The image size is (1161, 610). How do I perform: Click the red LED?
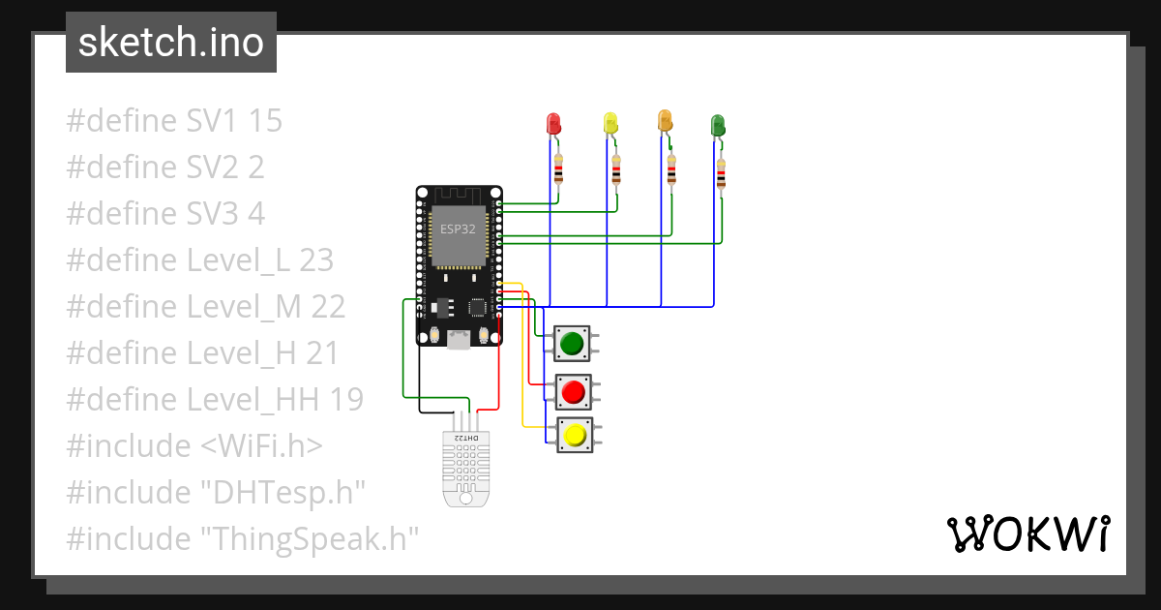pyautogui.click(x=553, y=124)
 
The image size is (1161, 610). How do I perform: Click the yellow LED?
pyautogui.click(x=610, y=123)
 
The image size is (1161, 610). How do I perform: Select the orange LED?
pyautogui.click(x=665, y=121)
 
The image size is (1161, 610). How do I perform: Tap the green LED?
pyautogui.click(x=718, y=125)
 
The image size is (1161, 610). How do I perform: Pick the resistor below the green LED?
pyautogui.click(x=721, y=175)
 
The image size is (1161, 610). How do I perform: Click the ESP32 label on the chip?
pyautogui.click(x=458, y=229)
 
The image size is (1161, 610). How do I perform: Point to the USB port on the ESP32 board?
pyautogui.click(x=459, y=339)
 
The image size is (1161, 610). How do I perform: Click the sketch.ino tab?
pyautogui.click(x=171, y=43)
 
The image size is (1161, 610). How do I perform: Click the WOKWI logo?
pyautogui.click(x=1027, y=534)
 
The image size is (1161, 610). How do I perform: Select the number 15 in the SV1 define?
pyautogui.click(x=265, y=121)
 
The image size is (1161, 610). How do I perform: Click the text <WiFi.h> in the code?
pyautogui.click(x=261, y=445)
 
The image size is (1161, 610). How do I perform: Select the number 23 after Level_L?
pyautogui.click(x=316, y=259)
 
